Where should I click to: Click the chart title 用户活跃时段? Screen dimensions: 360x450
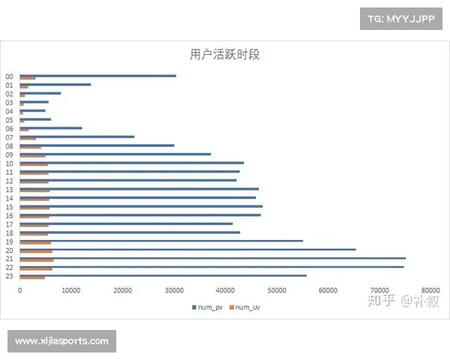point(225,55)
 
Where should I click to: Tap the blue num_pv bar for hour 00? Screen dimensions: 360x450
point(97,75)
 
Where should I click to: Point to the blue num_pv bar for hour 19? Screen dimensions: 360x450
point(161,241)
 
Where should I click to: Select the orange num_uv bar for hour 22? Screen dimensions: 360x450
point(36,268)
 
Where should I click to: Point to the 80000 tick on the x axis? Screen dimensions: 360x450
point(430,289)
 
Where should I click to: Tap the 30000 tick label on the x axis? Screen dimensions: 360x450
point(174,289)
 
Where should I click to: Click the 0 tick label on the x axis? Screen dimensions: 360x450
point(20,289)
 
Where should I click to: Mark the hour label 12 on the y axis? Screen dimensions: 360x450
point(9,181)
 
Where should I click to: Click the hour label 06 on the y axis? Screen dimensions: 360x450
point(9,128)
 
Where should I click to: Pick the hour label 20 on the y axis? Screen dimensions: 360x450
point(9,250)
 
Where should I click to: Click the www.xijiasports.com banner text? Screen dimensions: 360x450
point(61,341)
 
